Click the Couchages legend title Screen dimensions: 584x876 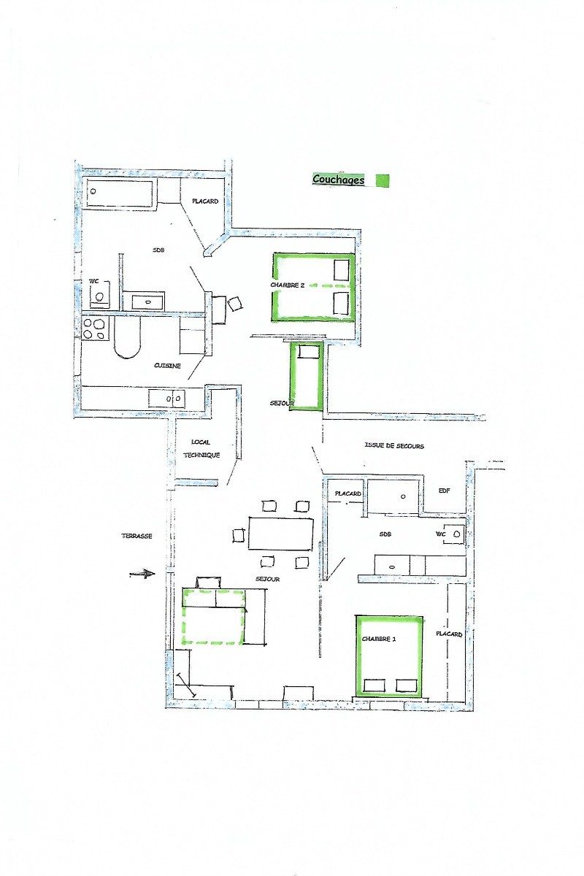tap(338, 180)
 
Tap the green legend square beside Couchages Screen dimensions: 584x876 tap(383, 180)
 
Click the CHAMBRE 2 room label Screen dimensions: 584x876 tap(287, 285)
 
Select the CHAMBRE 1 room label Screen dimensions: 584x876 tap(379, 639)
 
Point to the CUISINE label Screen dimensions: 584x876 tap(167, 366)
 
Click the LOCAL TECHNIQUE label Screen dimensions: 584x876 tap(201, 448)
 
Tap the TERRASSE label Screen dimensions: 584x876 tap(137, 536)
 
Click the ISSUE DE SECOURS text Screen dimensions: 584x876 tap(394, 445)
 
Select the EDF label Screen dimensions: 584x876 tap(445, 491)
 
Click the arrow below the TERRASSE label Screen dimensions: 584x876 tap(142, 574)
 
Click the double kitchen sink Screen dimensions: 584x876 tap(166, 399)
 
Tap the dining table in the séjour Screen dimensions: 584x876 tap(281, 534)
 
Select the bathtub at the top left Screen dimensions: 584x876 tap(119, 193)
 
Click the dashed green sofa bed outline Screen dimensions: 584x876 tap(214, 617)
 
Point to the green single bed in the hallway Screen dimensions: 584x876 tap(306, 376)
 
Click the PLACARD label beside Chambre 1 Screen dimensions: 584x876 tap(449, 634)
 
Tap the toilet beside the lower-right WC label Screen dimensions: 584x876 tap(455, 534)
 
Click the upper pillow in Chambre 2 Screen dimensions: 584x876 tap(341, 270)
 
